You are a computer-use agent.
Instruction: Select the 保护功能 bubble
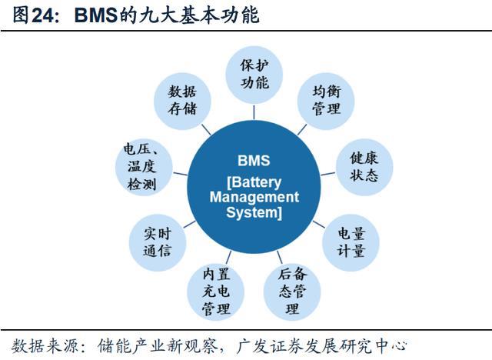tap(253, 74)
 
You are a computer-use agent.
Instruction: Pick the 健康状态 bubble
tap(364, 166)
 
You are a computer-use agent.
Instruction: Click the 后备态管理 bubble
tap(291, 291)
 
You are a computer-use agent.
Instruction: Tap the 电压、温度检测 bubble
tap(141, 166)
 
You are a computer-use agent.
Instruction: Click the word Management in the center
tap(254, 198)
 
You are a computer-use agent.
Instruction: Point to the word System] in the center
tap(254, 213)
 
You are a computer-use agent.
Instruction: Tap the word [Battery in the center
tap(254, 183)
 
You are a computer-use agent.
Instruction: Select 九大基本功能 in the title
tap(217, 15)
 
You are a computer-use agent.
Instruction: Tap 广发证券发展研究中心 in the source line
tap(329, 345)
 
